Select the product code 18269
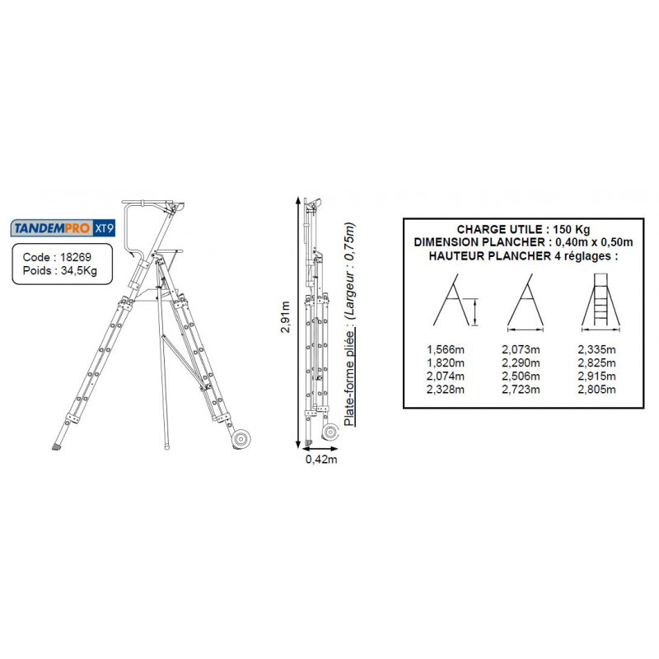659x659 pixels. tap(74, 257)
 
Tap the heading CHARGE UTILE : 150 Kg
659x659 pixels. tap(523, 228)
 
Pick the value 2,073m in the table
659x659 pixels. tap(521, 349)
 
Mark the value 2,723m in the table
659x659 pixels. tap(521, 387)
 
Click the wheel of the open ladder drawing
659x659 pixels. tap(241, 440)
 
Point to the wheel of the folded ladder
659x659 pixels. tap(330, 432)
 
